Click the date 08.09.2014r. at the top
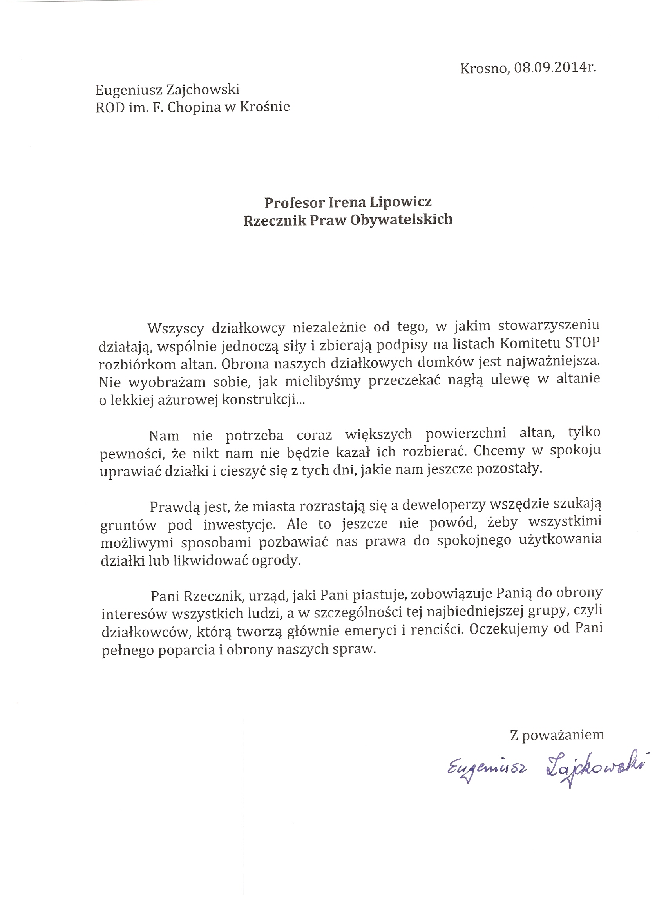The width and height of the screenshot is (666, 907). pyautogui.click(x=555, y=67)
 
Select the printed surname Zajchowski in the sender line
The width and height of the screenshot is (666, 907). pyautogui.click(x=203, y=89)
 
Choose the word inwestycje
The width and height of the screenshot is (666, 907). pyautogui.click(x=239, y=525)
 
